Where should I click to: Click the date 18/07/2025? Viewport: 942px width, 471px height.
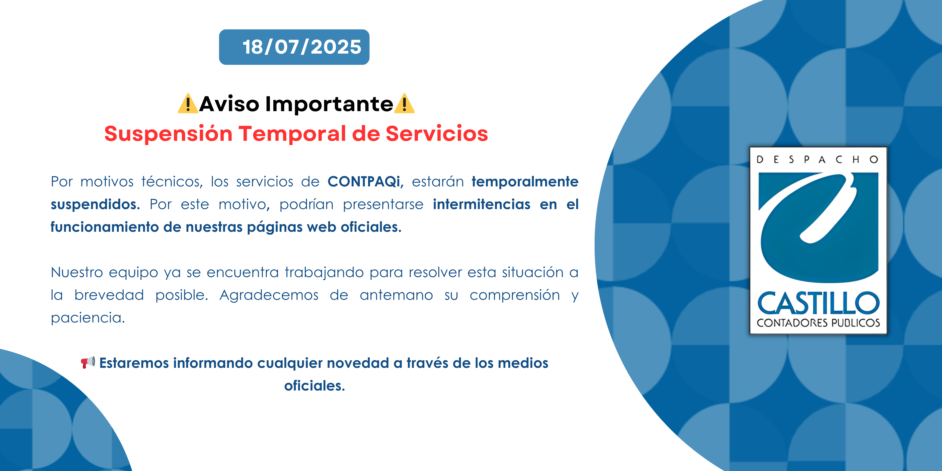pos(302,47)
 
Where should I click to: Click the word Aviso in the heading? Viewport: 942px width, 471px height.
pos(229,104)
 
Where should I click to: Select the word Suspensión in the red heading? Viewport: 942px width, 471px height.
pos(168,134)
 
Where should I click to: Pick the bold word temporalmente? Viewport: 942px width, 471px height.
pos(525,182)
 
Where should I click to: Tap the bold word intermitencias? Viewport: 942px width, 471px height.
pos(482,204)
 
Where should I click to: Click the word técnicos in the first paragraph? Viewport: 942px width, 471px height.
pos(172,182)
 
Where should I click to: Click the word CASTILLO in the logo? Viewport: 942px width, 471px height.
pos(818,303)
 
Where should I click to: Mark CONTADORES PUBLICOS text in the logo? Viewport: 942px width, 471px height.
pos(818,323)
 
